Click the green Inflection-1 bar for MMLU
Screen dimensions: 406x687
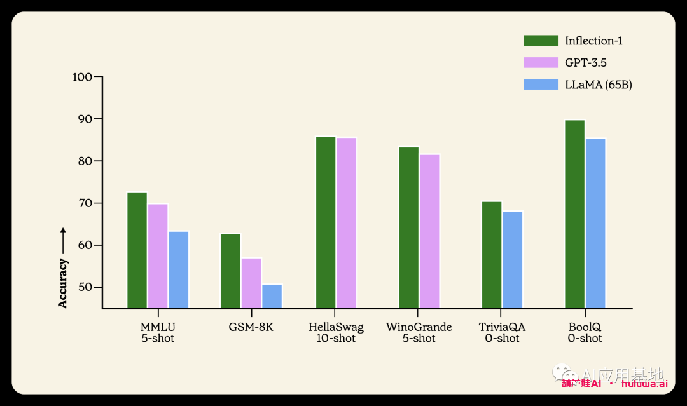[137, 250]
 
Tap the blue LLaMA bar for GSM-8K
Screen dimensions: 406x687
[272, 296]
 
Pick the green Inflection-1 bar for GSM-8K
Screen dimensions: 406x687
[230, 271]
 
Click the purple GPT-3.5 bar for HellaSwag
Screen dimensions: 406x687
[347, 223]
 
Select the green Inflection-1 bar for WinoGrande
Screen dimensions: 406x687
[409, 227]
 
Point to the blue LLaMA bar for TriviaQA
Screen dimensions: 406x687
[512, 260]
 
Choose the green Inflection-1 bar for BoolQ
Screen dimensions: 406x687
[574, 214]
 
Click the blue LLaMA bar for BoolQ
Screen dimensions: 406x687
[595, 224]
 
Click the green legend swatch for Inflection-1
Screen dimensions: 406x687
[541, 41]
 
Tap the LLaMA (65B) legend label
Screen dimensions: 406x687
[599, 85]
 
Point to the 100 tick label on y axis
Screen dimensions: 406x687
[83, 77]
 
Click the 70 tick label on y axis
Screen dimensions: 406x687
[85, 203]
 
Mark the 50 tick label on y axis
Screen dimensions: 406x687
[85, 287]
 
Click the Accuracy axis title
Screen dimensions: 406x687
[63, 283]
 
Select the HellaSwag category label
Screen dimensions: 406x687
[336, 327]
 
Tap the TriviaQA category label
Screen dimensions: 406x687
[502, 327]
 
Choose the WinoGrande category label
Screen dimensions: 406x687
[419, 327]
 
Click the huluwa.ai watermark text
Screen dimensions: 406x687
[644, 383]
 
